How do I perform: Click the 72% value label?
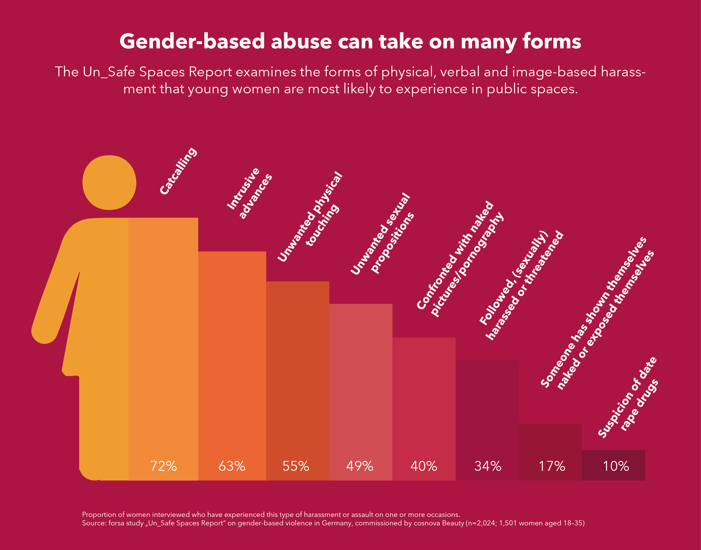coord(163,466)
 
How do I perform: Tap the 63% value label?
coord(232,466)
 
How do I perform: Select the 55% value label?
coord(296,466)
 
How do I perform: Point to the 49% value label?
coord(360,466)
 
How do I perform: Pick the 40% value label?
coord(423,466)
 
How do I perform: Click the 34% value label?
coord(488,466)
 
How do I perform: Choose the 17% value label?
coord(552,466)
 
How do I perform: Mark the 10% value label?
coord(616,466)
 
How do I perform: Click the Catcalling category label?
coord(178,171)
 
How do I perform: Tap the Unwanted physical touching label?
coord(310,216)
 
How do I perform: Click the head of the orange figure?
coord(109,182)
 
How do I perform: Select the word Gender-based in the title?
coord(192,42)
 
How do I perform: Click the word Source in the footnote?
coord(93,523)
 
